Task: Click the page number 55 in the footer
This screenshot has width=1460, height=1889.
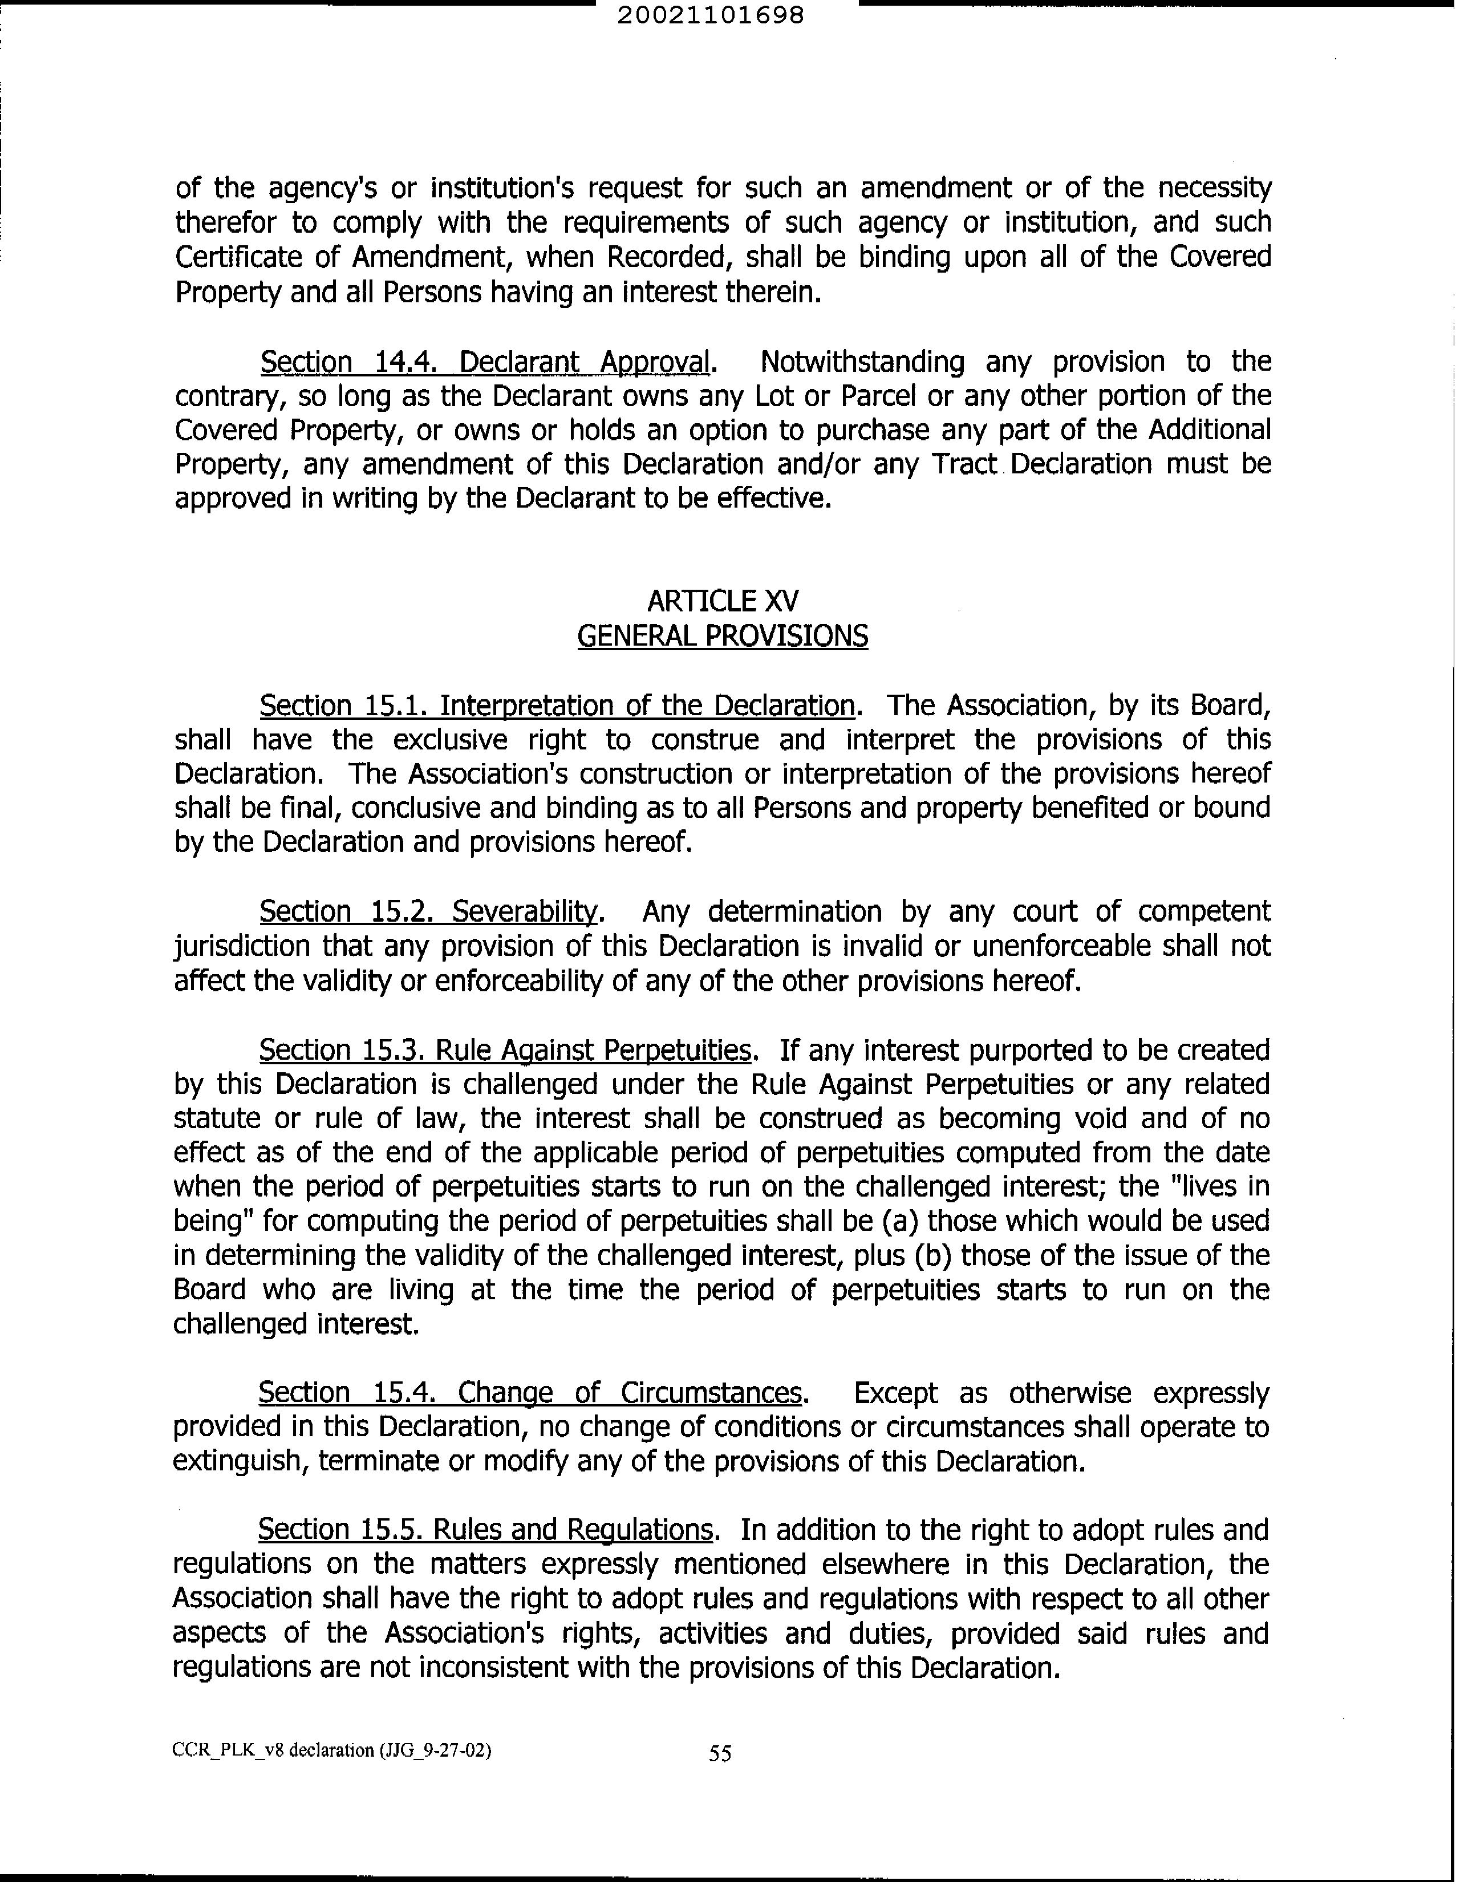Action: tap(720, 1753)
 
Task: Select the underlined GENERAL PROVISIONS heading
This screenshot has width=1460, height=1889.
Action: tap(722, 637)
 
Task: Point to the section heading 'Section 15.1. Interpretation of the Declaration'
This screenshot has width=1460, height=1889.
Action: tap(557, 706)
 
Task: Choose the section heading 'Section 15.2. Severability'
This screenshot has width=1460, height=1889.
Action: tap(429, 911)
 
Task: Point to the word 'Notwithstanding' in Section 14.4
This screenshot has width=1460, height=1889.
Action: tap(862, 362)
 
